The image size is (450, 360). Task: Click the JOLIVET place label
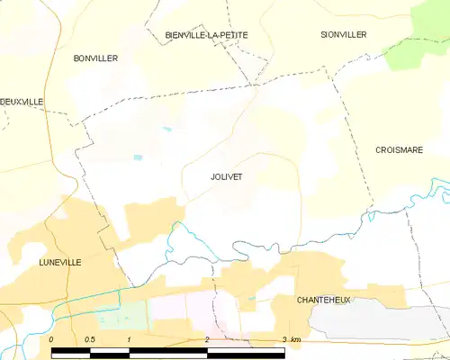click(226, 177)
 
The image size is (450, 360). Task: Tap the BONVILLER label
click(95, 58)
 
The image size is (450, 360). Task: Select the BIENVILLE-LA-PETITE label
click(206, 35)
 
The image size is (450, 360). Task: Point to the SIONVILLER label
click(344, 34)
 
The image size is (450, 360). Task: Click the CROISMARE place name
click(399, 150)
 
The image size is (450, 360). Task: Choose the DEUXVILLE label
click(22, 103)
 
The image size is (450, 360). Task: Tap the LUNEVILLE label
click(60, 262)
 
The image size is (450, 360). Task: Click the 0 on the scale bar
click(51, 338)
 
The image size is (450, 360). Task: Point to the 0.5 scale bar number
click(90, 338)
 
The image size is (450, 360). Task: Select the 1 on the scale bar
click(130, 338)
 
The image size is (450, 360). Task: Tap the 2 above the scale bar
click(207, 338)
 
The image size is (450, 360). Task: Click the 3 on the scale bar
click(284, 338)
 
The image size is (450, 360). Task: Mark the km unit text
click(297, 338)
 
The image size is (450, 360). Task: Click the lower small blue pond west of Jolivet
click(138, 158)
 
